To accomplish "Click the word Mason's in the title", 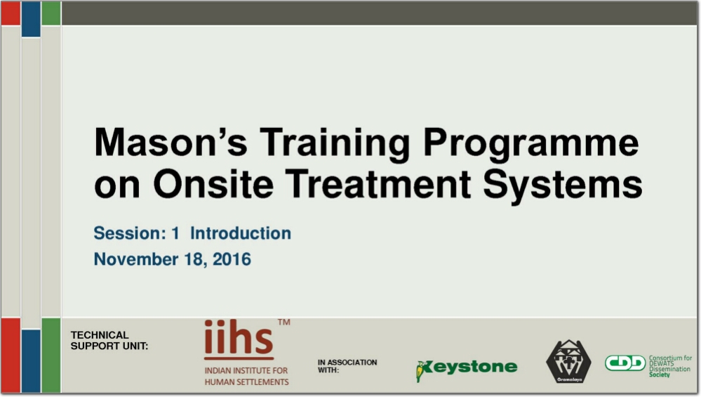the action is pos(171,142).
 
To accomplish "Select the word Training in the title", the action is pos(335,143).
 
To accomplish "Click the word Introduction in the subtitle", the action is pos(241,233).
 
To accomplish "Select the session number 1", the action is pos(175,233).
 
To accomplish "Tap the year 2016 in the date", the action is pos(232,259).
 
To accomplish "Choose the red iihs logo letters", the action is pos(239,339).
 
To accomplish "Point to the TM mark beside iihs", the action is pos(284,322).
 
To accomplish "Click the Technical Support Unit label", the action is pos(109,341).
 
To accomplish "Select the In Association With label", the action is pos(347,365).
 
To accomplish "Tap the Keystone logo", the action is pos(467,369).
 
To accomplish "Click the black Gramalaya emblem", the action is pos(568,362).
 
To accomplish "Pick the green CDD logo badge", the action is pos(625,363).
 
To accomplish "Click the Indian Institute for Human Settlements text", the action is pos(246,377).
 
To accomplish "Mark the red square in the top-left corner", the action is pos(11,13).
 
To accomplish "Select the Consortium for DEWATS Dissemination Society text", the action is pos(670,366).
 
